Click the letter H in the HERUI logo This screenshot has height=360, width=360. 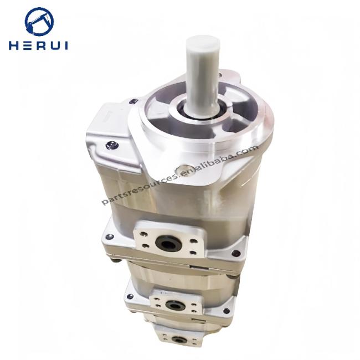pos(13,45)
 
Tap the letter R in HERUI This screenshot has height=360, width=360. pos(40,45)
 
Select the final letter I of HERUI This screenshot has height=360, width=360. pos(66,45)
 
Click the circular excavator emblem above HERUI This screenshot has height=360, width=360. pos(39,22)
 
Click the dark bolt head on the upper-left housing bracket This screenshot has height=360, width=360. pos(112,145)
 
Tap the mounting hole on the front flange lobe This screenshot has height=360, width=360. pos(184,171)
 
